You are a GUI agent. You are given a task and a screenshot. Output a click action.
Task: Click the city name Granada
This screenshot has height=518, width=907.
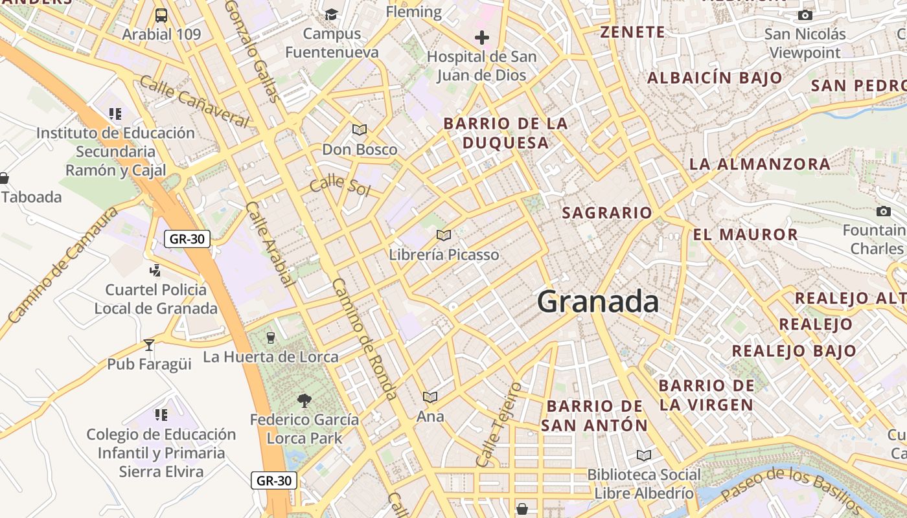(597, 302)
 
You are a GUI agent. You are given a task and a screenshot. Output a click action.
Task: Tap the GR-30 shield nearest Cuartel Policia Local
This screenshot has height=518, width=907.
(187, 239)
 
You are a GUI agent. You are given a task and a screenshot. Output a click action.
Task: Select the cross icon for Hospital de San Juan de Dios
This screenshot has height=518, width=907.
(481, 38)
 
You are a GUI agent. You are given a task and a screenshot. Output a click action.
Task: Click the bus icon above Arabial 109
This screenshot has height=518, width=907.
(161, 15)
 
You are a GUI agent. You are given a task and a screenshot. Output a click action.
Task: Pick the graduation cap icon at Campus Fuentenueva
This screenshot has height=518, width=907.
(331, 14)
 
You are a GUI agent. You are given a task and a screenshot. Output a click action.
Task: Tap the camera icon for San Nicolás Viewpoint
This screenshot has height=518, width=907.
(805, 15)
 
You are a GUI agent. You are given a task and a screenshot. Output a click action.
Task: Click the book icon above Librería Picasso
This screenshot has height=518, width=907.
(443, 236)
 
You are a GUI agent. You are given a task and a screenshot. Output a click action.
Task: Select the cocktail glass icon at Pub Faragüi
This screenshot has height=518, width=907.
(149, 345)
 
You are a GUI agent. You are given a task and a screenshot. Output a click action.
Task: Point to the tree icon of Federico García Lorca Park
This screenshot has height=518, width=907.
(304, 401)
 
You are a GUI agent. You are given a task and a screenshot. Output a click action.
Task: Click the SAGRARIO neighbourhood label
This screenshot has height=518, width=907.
(607, 212)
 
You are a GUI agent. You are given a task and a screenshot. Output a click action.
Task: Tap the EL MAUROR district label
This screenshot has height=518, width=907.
(745, 234)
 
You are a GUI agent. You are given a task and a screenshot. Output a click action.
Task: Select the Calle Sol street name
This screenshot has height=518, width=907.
(339, 186)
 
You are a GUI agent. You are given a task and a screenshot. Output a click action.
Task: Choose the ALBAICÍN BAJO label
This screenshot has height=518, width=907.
(715, 78)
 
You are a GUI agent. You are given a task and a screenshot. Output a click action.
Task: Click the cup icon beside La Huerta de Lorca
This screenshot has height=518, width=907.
(271, 337)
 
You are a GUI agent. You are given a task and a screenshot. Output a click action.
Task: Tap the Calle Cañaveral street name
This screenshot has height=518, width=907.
(194, 101)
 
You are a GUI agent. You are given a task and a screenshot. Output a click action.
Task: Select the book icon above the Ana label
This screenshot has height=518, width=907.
(430, 397)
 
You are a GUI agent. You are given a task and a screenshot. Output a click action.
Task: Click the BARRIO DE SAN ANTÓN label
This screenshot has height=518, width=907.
(594, 416)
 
